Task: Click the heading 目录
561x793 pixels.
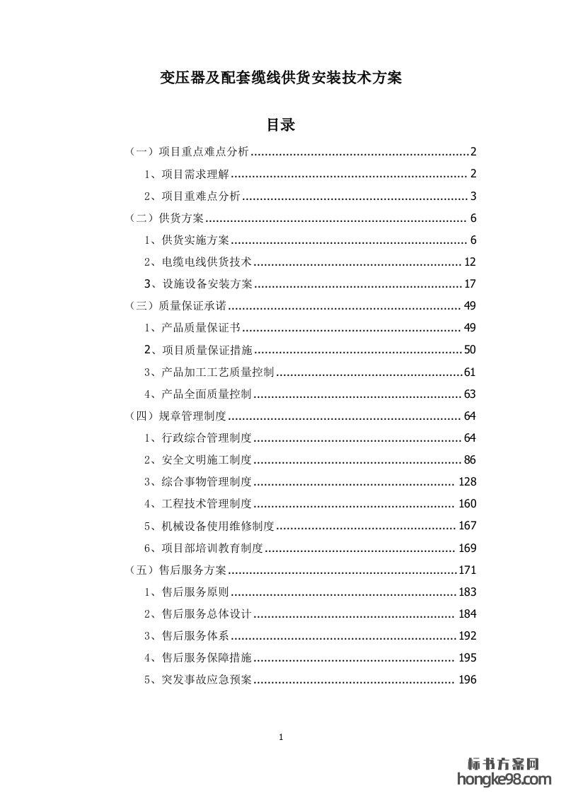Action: [x=280, y=125]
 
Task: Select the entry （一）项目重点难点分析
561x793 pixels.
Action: [x=190, y=151]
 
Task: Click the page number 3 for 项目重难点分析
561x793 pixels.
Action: [x=473, y=196]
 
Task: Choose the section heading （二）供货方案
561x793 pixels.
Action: [x=167, y=218]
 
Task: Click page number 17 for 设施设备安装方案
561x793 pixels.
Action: [x=470, y=284]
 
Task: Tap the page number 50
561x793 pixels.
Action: [x=470, y=350]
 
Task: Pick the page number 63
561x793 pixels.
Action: [x=470, y=394]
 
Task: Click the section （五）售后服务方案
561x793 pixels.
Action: [x=178, y=570]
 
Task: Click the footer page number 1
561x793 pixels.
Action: [x=281, y=737]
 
